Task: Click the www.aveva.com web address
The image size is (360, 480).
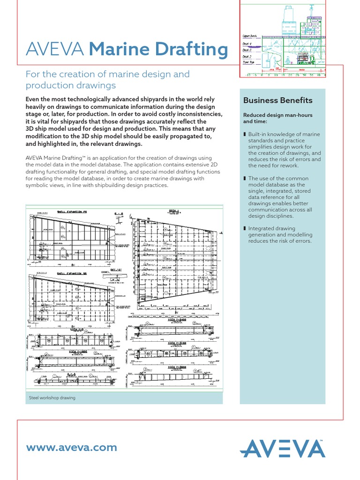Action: pos(72,447)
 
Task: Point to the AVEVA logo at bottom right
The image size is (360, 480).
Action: pos(283,449)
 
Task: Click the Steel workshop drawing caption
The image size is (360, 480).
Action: pos(52,397)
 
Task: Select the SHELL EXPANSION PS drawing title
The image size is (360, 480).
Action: pos(72,212)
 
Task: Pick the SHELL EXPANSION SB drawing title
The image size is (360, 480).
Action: pos(72,272)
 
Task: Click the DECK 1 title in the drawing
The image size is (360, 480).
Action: pos(175,211)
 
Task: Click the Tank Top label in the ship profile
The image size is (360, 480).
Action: pos(249,62)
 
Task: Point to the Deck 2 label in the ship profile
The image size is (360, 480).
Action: pos(247,55)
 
